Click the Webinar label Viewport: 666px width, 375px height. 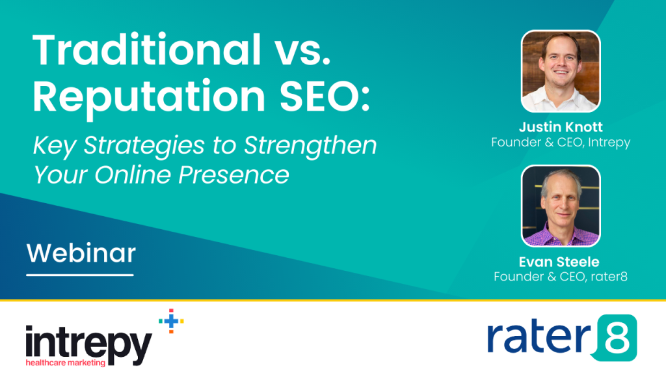(x=81, y=253)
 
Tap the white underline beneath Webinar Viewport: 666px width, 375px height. (x=80, y=274)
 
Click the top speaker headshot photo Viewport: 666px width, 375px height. (x=561, y=71)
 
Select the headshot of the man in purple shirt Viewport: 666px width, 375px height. (x=561, y=206)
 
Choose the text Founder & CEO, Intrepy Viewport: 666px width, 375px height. (x=561, y=142)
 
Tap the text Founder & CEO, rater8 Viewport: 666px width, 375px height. (x=561, y=277)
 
